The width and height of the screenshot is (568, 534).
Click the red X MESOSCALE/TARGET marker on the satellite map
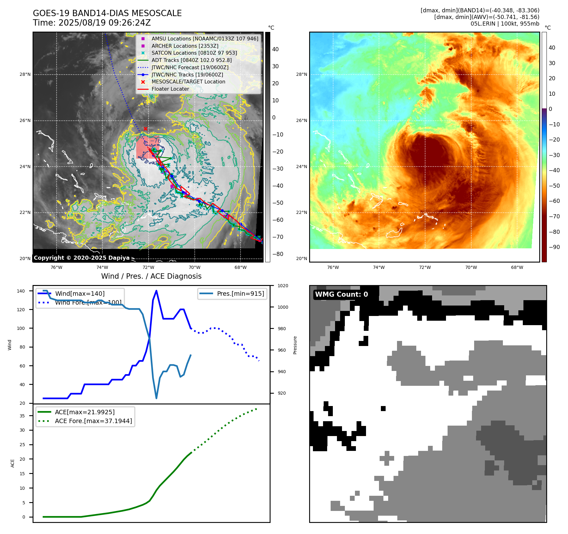coord(145,129)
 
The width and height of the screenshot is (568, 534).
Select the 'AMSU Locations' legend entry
coord(205,39)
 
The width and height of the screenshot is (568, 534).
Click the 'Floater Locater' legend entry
coord(170,89)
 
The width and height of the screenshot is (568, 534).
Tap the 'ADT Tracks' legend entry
coord(191,60)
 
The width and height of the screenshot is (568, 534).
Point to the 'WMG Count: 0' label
coord(341,294)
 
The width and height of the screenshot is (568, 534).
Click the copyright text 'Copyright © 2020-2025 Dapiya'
coord(82,258)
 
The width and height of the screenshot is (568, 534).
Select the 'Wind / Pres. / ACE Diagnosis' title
coord(151,276)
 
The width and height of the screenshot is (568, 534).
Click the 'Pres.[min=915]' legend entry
coord(240,294)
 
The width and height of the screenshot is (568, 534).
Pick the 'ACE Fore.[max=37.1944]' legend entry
coord(93,421)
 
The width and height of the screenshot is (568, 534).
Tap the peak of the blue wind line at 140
coord(156,291)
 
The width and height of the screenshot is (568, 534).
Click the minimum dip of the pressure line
coord(156,398)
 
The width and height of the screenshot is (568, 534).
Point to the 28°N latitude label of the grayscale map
coord(25,75)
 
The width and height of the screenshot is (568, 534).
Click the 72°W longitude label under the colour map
coord(425,267)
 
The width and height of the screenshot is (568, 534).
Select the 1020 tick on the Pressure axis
coord(283,286)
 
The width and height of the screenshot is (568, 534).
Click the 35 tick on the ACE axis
coord(22,416)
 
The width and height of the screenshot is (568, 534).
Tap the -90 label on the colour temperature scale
coord(554,247)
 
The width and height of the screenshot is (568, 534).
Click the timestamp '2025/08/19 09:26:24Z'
coord(105,23)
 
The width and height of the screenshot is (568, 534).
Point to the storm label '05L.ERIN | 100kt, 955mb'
coord(505,24)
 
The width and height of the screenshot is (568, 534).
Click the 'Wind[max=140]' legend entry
coord(80,294)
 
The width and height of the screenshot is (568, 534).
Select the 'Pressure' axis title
coord(295,345)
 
